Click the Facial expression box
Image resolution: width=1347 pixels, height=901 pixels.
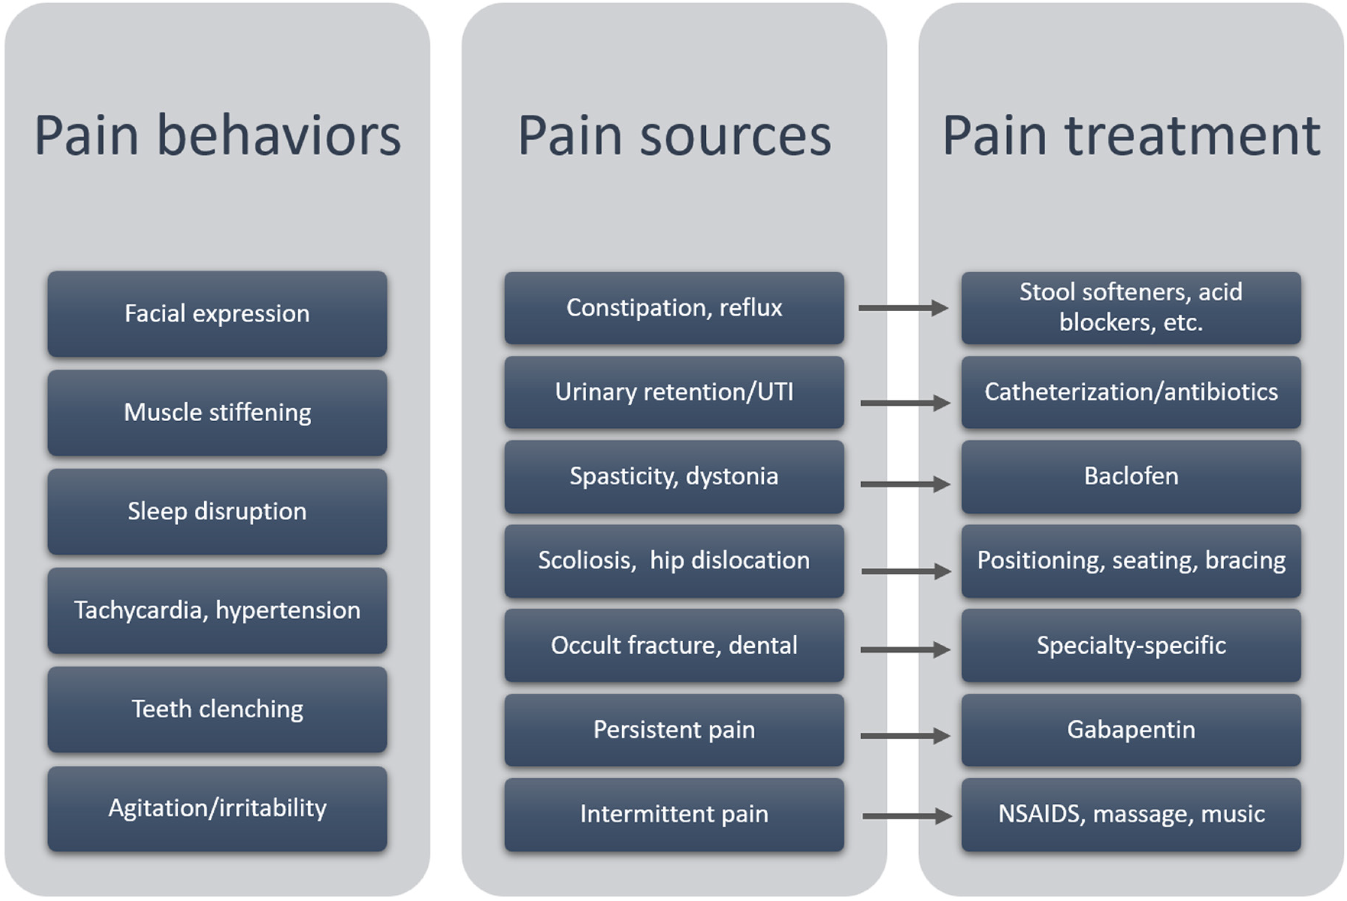[217, 314]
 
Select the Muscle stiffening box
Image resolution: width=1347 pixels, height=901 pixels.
[217, 413]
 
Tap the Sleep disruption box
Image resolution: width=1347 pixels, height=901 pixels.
[217, 511]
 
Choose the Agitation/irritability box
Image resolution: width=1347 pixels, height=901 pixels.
[217, 809]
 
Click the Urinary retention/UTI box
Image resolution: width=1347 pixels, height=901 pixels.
[674, 393]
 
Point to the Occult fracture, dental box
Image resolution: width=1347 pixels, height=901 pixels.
[674, 645]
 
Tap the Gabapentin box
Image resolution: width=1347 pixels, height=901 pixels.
[1131, 730]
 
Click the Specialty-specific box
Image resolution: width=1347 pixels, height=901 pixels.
[1131, 645]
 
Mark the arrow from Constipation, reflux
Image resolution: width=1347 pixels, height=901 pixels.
[903, 308]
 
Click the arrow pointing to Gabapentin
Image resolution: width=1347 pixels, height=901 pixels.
[905, 736]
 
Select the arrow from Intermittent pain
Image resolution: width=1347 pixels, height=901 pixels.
[907, 816]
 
